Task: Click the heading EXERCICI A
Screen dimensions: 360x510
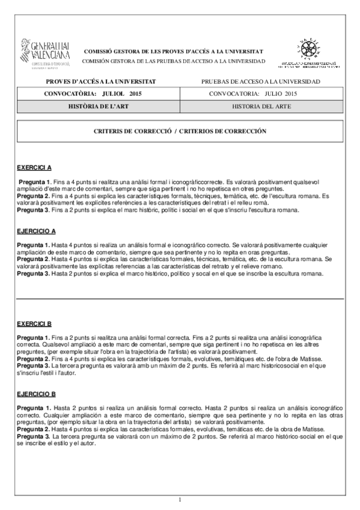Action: pos(34,167)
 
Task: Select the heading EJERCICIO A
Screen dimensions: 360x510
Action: pos(37,232)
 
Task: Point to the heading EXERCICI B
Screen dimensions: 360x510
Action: pos(34,324)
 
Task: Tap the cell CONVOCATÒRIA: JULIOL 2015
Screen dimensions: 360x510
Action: pos(93,94)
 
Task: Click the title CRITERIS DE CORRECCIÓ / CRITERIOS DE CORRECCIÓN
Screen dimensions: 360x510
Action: pos(180,131)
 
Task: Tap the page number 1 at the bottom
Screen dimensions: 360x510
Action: pos(180,499)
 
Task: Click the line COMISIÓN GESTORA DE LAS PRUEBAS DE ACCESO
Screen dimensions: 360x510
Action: pos(173,61)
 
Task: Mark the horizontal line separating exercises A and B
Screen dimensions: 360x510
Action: pos(180,298)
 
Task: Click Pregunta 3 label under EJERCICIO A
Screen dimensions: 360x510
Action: pos(33,274)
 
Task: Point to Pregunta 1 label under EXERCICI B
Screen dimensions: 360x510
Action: pos(33,338)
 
